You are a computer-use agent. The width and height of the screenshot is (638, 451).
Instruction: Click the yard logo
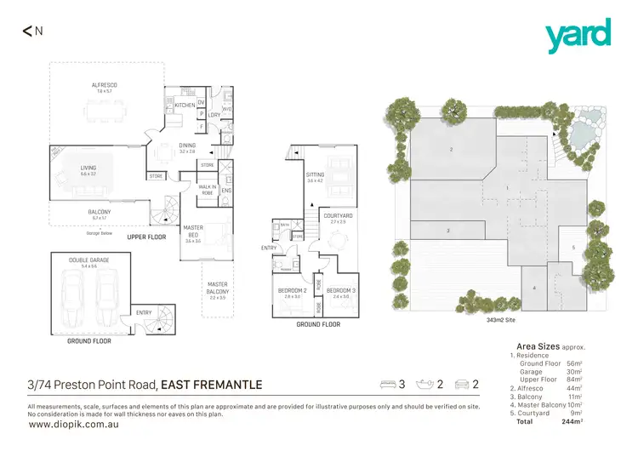coord(578,35)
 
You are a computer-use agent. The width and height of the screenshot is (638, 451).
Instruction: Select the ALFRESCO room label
coord(105,85)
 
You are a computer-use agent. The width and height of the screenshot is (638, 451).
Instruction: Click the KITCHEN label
coord(185,106)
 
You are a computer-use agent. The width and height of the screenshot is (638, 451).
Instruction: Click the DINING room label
coord(187,146)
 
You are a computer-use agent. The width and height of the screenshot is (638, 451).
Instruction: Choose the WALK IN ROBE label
coord(207,189)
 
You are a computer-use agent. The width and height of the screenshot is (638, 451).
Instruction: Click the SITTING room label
coord(316,175)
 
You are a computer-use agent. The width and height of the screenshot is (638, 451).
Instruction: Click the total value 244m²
coord(601,421)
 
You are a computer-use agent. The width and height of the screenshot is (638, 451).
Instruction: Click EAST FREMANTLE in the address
coord(211,385)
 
